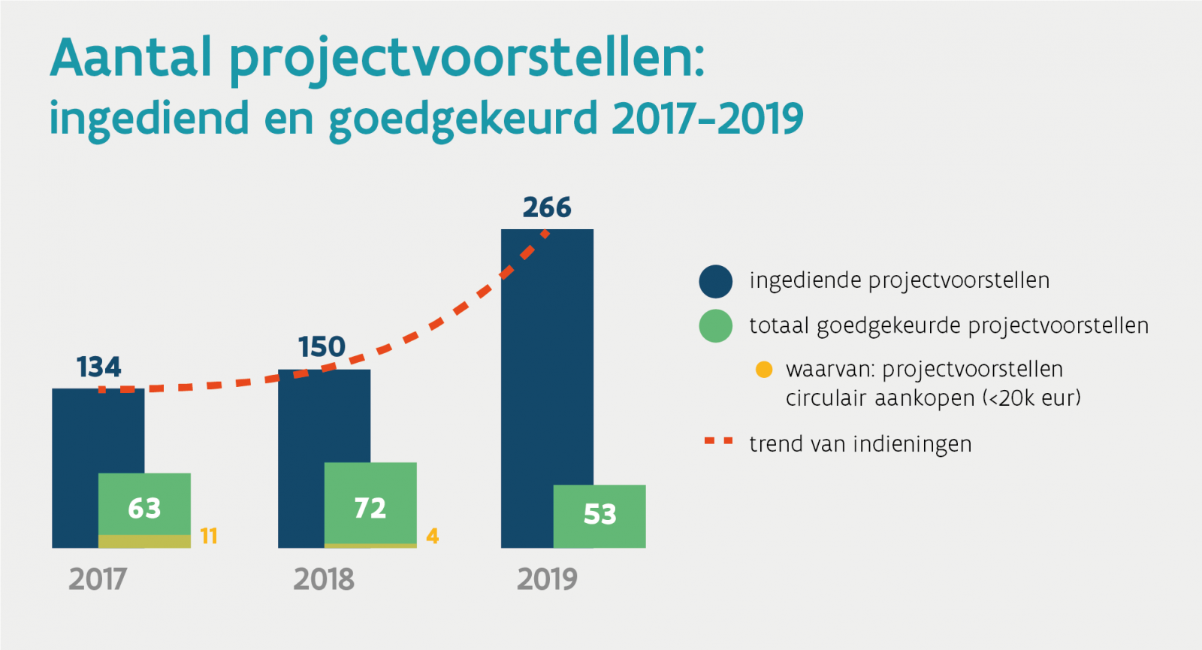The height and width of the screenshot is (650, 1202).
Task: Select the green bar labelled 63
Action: [144, 500]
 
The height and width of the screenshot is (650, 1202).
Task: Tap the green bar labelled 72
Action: [370, 500]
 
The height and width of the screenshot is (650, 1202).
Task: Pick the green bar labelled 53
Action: [599, 515]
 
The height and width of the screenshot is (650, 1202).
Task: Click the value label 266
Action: [547, 207]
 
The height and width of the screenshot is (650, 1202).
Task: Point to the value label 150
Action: [322, 347]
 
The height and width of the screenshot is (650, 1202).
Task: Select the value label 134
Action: [98, 367]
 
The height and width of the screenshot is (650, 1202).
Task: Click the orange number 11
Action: [209, 537]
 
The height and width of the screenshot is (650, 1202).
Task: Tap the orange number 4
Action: [433, 537]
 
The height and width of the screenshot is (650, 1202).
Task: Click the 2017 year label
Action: [98, 579]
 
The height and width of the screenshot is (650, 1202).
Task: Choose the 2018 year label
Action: [324, 579]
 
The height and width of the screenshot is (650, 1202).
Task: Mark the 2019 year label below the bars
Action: [547, 579]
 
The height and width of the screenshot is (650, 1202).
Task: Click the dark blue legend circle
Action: [715, 282]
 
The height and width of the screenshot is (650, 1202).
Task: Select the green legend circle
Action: [715, 326]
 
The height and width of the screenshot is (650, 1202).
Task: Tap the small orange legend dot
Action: [764, 370]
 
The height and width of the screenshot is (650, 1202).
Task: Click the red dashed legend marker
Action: [718, 442]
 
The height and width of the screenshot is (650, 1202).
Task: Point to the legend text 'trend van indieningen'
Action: [860, 444]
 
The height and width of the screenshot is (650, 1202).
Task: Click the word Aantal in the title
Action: [131, 58]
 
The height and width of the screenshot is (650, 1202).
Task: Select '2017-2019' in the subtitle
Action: [708, 119]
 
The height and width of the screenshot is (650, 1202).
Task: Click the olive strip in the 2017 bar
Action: [144, 541]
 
